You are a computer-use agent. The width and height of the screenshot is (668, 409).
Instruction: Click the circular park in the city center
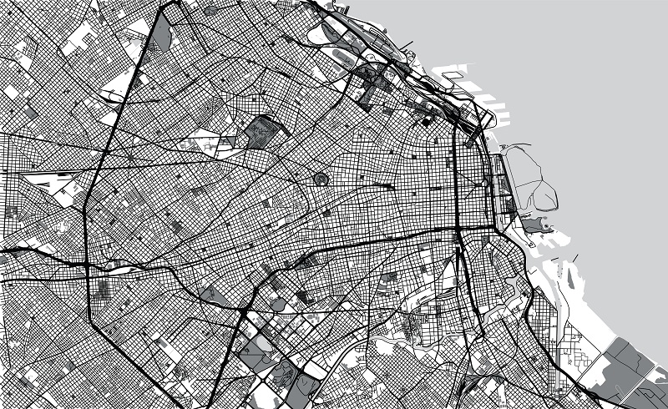[321, 179]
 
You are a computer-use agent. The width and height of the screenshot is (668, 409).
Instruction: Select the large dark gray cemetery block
[264, 132]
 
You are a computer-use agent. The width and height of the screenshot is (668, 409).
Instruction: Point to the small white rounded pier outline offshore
[451, 75]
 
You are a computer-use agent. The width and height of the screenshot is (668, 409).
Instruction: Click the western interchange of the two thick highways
[89, 265]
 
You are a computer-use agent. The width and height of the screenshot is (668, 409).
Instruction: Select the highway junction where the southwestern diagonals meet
[240, 311]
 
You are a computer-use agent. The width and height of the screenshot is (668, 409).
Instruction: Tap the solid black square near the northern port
[425, 122]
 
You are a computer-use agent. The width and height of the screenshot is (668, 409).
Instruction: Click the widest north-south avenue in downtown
[455, 184]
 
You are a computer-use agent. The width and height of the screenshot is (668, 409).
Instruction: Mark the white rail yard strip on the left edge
[50, 180]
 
